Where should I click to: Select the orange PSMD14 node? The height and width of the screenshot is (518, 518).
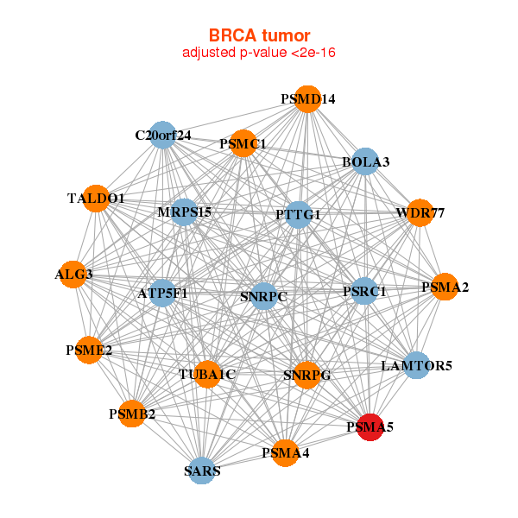(x=307, y=98)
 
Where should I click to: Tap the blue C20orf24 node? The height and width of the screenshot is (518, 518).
(x=164, y=135)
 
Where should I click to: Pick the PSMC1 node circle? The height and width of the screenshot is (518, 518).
(x=243, y=143)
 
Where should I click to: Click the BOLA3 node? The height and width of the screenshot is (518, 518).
(x=365, y=161)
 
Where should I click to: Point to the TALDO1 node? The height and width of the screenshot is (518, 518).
(x=97, y=199)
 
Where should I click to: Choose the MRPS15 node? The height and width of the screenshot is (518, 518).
(x=184, y=212)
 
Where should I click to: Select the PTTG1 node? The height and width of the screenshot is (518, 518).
(x=298, y=214)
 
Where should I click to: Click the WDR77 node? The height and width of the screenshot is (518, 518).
(x=419, y=212)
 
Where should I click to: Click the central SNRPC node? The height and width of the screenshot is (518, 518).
(x=263, y=296)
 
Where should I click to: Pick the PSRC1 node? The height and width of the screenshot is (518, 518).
(x=364, y=292)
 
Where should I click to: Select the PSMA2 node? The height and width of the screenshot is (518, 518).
(x=445, y=287)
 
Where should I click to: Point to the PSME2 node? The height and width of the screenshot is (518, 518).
(x=88, y=350)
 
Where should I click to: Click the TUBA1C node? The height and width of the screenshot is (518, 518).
(x=207, y=374)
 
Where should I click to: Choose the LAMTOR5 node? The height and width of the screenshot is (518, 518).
(x=416, y=366)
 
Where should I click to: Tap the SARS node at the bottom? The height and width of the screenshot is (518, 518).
(x=202, y=471)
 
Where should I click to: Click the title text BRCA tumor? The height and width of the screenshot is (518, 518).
(x=259, y=35)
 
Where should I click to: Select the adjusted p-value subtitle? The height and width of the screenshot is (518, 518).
(x=259, y=53)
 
